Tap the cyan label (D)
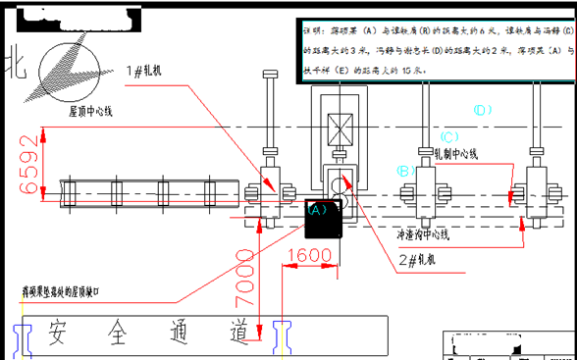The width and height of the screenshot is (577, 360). click(482, 110)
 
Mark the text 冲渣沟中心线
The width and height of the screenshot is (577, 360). click(423, 234)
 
